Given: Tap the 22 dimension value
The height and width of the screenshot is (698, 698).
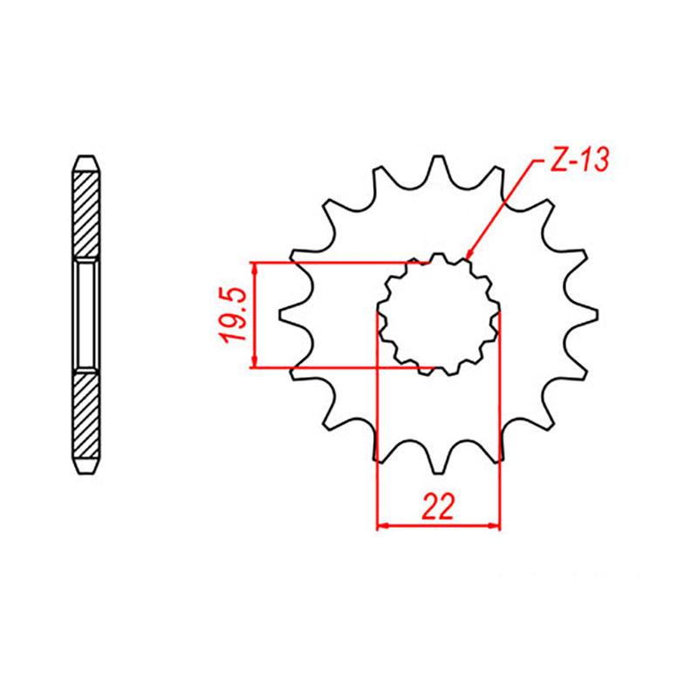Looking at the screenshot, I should point(438,507).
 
